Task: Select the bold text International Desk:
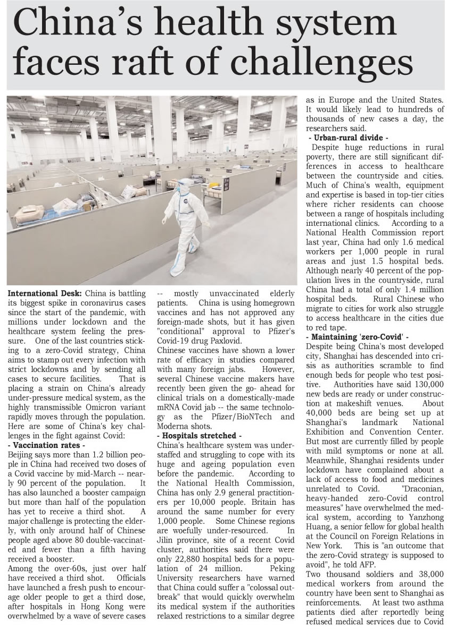coord(45,293)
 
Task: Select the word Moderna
coord(177,425)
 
